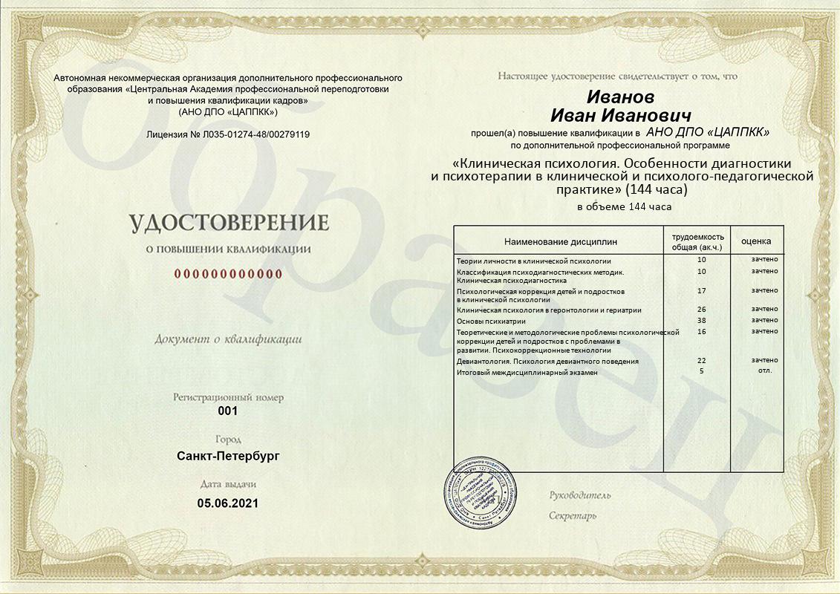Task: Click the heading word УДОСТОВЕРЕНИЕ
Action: (229, 223)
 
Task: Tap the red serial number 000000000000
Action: (229, 274)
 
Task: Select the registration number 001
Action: (228, 411)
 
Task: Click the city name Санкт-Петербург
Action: (228, 455)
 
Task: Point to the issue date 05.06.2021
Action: (228, 503)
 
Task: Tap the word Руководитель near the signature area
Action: (580, 495)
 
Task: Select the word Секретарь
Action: (573, 515)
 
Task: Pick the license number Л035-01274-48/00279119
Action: (250, 134)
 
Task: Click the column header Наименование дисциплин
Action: (561, 242)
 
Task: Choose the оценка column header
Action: (756, 241)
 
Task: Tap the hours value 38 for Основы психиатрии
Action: (701, 321)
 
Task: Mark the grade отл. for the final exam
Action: (764, 370)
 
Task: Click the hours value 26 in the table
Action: (701, 309)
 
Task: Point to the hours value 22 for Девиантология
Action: (701, 360)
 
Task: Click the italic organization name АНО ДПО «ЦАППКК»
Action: (707, 131)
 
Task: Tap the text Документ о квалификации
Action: (228, 339)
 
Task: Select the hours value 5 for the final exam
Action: (701, 370)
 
